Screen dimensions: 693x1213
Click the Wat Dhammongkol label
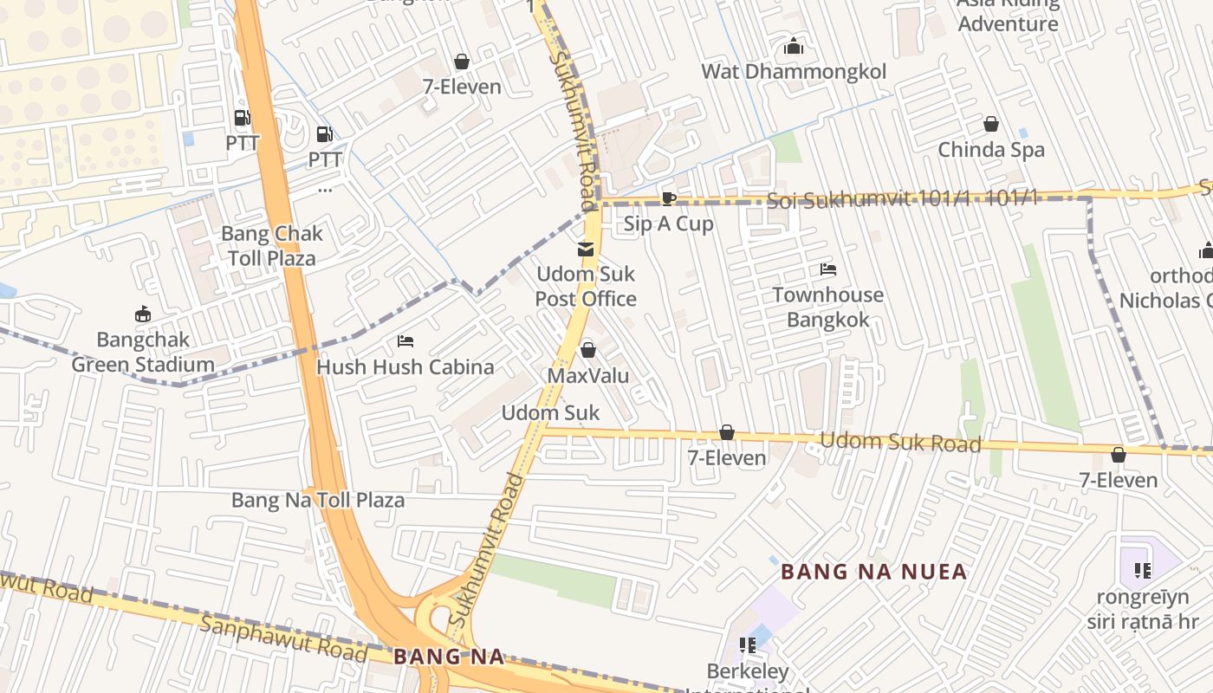pyautogui.click(x=794, y=71)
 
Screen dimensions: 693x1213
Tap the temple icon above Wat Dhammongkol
pyautogui.click(x=794, y=47)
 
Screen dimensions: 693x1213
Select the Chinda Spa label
pyautogui.click(x=991, y=150)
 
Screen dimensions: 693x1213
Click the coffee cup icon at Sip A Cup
pyautogui.click(x=668, y=198)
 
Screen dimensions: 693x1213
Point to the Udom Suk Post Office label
pyautogui.click(x=586, y=287)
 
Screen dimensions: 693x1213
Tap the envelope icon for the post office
pyautogui.click(x=586, y=250)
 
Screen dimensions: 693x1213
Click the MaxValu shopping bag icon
pyautogui.click(x=588, y=350)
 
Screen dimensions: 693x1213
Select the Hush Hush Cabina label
pyautogui.click(x=405, y=366)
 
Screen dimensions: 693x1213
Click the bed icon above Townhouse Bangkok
pyautogui.click(x=828, y=269)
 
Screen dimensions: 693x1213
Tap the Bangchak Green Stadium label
pyautogui.click(x=143, y=353)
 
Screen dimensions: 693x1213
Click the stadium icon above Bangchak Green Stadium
pyautogui.click(x=143, y=314)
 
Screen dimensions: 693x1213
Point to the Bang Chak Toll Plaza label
pyautogui.click(x=272, y=246)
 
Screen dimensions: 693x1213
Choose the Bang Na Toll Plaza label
pyautogui.click(x=317, y=501)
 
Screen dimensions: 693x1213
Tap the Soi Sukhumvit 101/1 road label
pyautogui.click(x=901, y=200)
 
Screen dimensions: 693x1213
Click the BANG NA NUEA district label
pyautogui.click(x=873, y=572)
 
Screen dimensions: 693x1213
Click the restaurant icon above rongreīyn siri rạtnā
pyautogui.click(x=1143, y=570)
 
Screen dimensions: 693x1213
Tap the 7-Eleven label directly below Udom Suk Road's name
pyautogui.click(x=1118, y=480)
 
